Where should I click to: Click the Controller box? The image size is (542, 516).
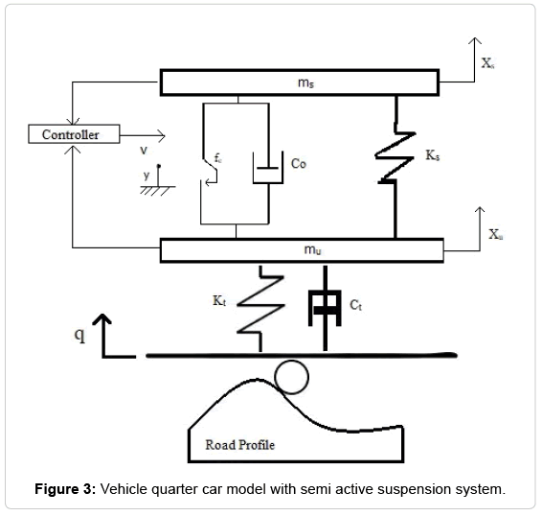(71, 135)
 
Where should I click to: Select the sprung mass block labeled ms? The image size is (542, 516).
(301, 83)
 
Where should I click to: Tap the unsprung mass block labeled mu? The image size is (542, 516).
(301, 251)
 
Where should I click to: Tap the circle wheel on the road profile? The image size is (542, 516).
(292, 378)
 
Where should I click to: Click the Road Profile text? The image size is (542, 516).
(238, 445)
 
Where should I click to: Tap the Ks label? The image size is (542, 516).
(433, 154)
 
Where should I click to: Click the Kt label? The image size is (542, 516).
(219, 301)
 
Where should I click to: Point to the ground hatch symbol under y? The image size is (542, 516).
(150, 190)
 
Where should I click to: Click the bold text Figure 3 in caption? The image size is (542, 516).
(64, 490)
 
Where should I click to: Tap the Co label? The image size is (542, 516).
(298, 164)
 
